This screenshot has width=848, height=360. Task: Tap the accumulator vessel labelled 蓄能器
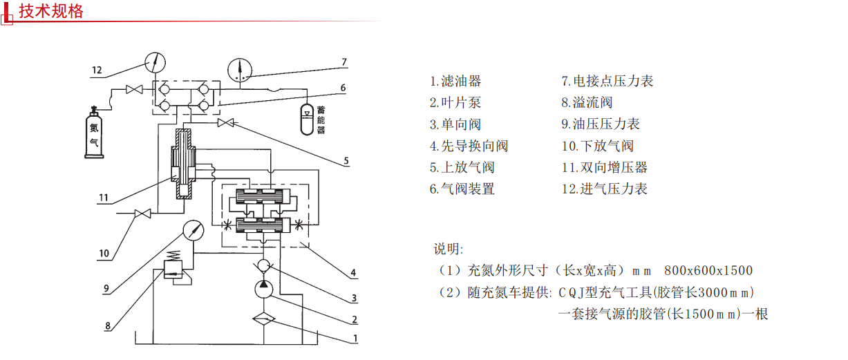click(x=307, y=120)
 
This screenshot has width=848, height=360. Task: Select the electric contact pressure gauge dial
click(x=240, y=70)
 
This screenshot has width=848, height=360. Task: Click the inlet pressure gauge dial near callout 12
click(x=156, y=62)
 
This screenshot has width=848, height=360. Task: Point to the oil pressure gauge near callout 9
click(x=194, y=231)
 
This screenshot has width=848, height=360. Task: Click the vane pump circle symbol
click(x=263, y=290)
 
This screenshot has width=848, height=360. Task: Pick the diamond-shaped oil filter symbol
click(x=264, y=319)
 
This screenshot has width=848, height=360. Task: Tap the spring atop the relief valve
click(x=173, y=256)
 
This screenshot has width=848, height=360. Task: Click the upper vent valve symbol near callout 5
click(x=225, y=123)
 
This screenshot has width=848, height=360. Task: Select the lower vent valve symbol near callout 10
click(x=143, y=214)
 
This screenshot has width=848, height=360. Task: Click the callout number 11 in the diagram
click(x=104, y=198)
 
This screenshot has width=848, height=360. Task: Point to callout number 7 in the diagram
click(x=344, y=62)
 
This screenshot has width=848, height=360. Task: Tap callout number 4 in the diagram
click(x=353, y=272)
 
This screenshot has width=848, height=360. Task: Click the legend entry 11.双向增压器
click(x=605, y=167)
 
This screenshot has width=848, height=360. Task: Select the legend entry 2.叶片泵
click(x=455, y=102)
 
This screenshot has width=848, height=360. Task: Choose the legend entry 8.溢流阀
click(x=587, y=102)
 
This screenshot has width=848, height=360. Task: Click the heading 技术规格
click(x=51, y=11)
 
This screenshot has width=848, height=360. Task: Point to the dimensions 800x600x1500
click(x=708, y=271)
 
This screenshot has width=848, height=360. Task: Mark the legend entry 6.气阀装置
click(x=462, y=189)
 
